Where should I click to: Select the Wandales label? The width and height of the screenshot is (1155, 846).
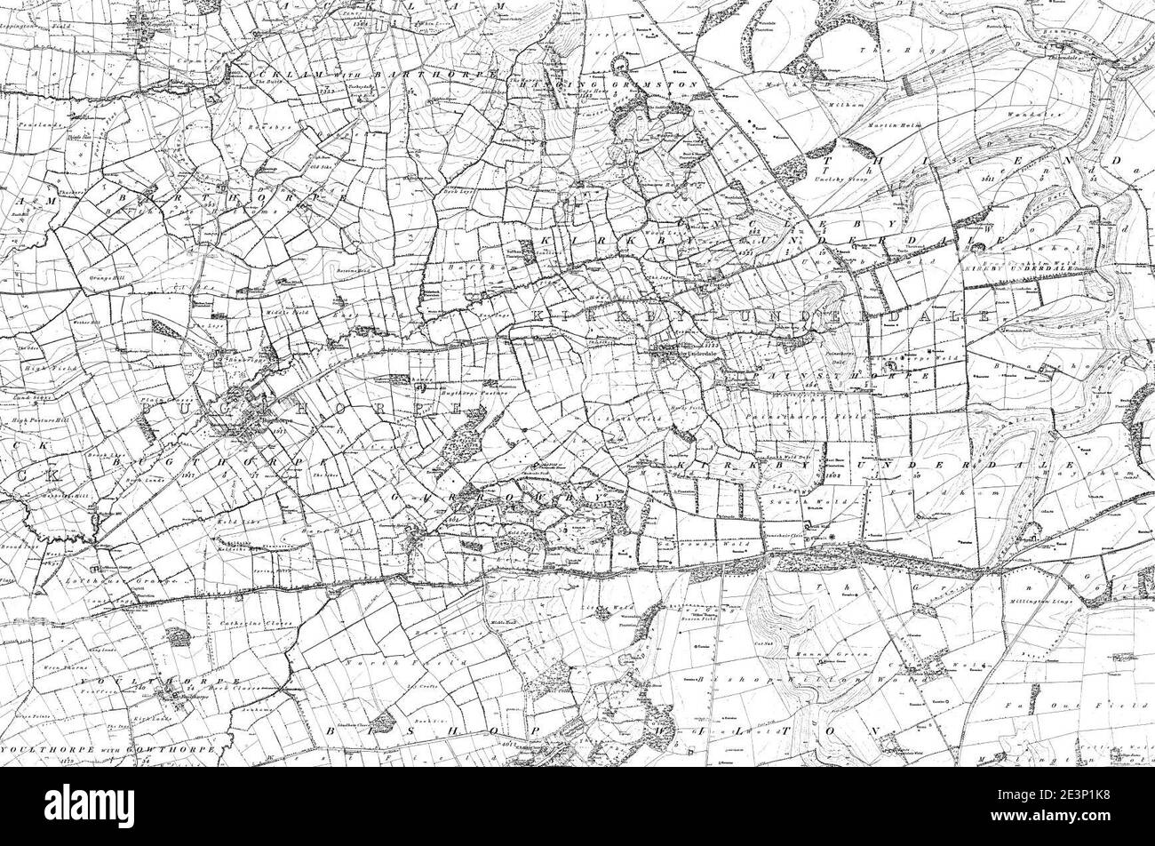pos(1022,115)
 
